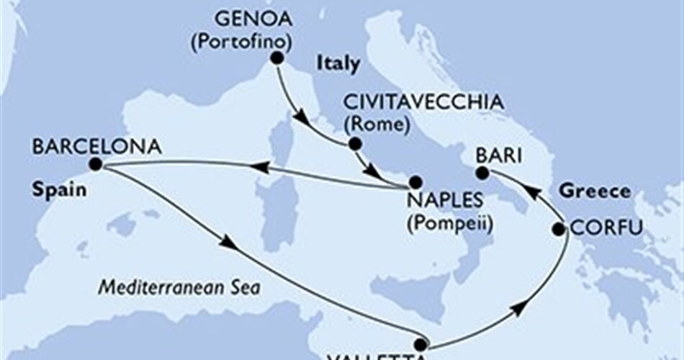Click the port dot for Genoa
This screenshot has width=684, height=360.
pos(275,61)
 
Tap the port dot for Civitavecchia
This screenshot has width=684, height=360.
pos(354,144)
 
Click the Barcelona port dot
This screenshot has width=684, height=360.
pos(96,166)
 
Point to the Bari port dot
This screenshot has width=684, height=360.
pos(483,173)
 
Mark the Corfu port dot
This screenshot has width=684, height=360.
pos(559,230)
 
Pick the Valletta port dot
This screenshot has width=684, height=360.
pos(419,345)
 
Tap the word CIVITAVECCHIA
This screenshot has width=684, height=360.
pos(423,103)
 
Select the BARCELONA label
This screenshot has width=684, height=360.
pos(96,147)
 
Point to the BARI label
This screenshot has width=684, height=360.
pos(495,153)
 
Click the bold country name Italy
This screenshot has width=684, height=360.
pos(338,63)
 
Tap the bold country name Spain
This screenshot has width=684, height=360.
pos(55,192)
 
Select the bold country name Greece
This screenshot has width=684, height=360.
pos(595,192)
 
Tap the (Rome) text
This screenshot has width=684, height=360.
pos(377,123)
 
